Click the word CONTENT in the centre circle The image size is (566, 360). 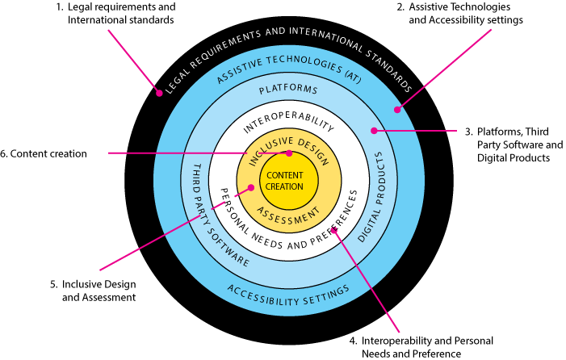click(x=285, y=175)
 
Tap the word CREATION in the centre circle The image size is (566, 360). click(x=285, y=186)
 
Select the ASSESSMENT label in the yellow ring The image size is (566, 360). click(x=289, y=215)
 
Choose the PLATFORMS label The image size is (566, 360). click(x=288, y=90)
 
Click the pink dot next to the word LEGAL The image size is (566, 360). click(x=159, y=93)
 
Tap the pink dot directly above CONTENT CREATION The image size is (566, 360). click(x=289, y=153)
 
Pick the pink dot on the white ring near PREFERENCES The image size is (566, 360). click(x=333, y=230)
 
